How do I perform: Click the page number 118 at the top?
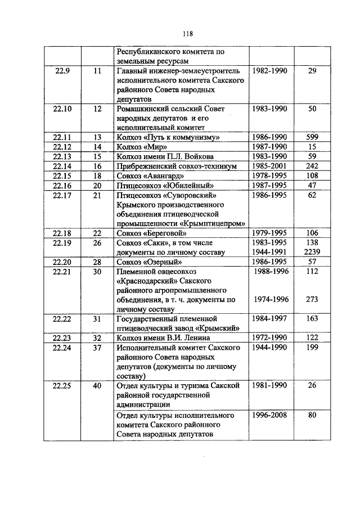click(x=181, y=33)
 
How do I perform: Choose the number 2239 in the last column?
click(x=313, y=252)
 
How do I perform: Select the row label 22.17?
click(x=62, y=195)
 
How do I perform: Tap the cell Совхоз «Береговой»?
click(x=151, y=233)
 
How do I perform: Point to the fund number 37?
click(x=97, y=348)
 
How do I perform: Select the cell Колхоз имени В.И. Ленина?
click(x=163, y=338)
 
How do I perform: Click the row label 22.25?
click(x=62, y=386)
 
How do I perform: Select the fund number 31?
click(x=97, y=319)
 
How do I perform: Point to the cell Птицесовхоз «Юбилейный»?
click(x=159, y=185)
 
